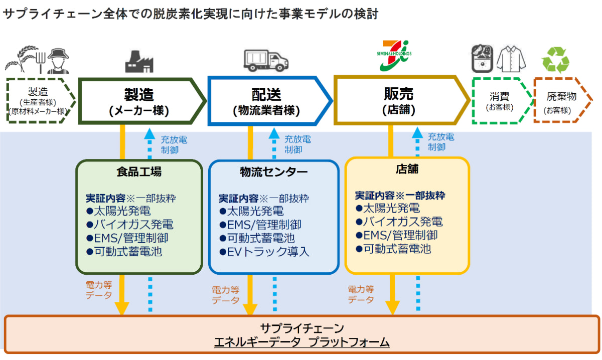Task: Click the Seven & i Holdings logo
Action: [x=394, y=56]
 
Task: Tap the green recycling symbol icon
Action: [x=555, y=60]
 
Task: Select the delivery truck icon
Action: [x=266, y=61]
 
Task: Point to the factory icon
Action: [x=139, y=62]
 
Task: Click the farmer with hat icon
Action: [x=58, y=61]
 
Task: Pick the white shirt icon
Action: [x=511, y=59]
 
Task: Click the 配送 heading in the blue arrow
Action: [x=266, y=95]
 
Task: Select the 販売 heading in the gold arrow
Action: [x=398, y=94]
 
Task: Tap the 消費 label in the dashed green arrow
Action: [x=499, y=96]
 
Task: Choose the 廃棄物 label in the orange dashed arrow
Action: [x=561, y=96]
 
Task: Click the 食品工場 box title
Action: [x=139, y=171]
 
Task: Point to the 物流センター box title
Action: [x=273, y=172]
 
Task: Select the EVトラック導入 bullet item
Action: [x=264, y=252]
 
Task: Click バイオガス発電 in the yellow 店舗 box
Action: [x=399, y=222]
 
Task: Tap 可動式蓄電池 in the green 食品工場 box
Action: [x=124, y=252]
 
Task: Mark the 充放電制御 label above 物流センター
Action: [x=297, y=144]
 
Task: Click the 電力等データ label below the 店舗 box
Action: [x=361, y=294]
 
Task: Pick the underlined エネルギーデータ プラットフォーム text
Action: [x=302, y=342]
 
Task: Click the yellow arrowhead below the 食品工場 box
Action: [x=122, y=308]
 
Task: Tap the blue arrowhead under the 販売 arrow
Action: [x=417, y=133]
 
